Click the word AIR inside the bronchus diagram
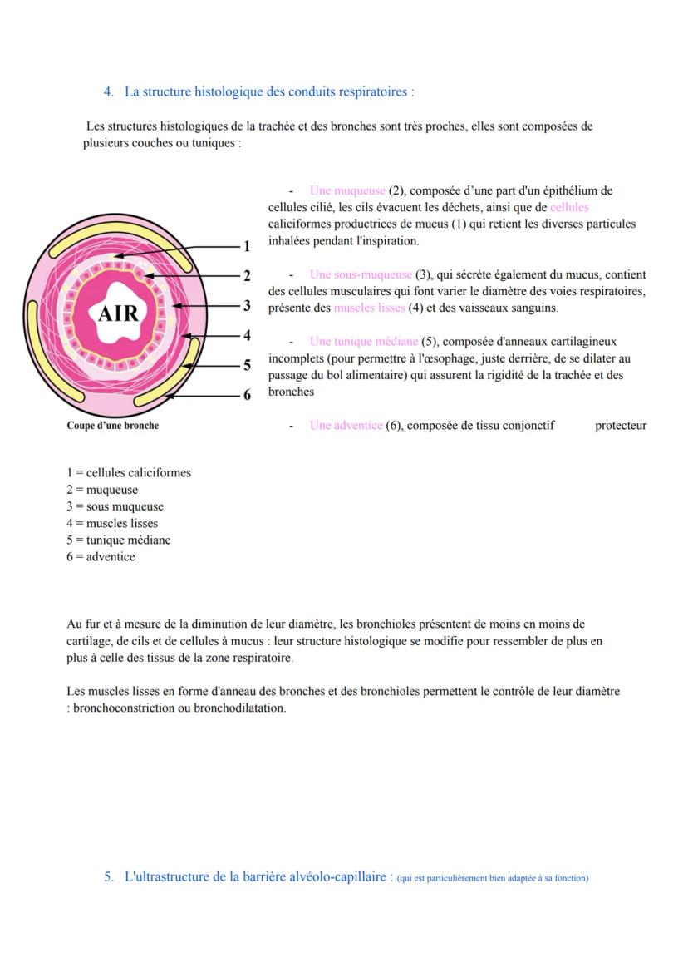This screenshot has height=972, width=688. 119,313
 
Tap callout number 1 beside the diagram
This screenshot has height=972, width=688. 246,246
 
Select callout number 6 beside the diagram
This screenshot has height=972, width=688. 246,396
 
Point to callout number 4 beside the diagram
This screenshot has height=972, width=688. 246,336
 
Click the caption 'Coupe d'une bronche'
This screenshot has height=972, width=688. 113,426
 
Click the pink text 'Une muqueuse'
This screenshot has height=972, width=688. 347,190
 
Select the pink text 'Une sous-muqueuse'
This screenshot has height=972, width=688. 361,274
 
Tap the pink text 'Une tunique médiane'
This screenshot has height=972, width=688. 363,342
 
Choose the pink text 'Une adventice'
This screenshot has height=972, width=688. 346,426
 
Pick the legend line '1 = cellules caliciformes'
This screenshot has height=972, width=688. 129,473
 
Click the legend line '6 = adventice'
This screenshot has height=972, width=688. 101,556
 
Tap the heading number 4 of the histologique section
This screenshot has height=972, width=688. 108,91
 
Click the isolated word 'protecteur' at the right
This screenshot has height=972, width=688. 621,426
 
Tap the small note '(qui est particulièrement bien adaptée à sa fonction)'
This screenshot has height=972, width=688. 493,878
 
